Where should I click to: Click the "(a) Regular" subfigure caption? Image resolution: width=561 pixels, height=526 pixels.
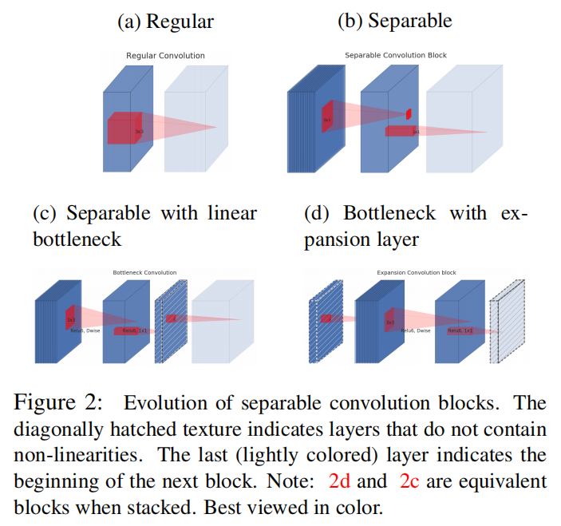[165, 22]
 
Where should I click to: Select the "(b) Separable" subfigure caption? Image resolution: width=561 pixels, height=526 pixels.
[394, 22]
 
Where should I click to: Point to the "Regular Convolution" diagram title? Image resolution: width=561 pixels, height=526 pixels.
[165, 56]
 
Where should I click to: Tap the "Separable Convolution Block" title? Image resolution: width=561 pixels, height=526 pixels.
[395, 56]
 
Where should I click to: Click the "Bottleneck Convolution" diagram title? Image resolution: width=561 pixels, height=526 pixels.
[144, 273]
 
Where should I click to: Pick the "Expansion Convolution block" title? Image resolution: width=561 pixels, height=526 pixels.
[417, 273]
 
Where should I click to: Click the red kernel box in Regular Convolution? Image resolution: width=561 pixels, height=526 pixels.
[124, 129]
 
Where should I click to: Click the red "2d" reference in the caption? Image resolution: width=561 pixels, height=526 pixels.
[340, 481]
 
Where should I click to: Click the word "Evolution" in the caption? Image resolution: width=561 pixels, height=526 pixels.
[162, 402]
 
